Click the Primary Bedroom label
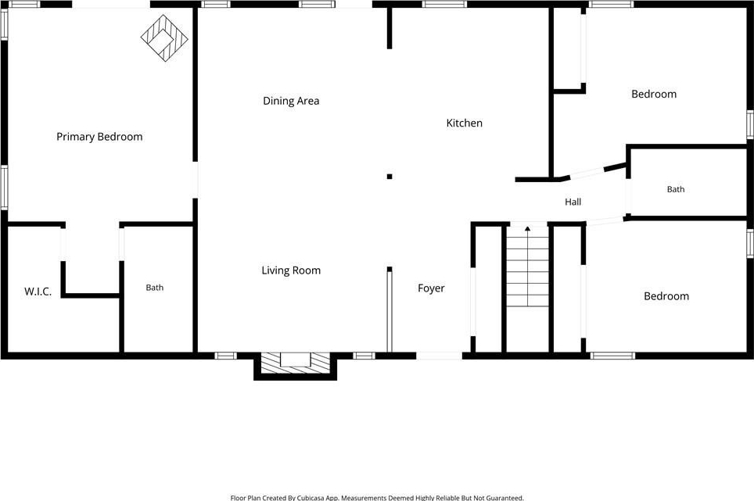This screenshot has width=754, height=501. pos(99,137)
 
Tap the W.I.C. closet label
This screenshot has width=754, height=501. pos(38,292)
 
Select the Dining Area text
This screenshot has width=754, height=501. pos(291,101)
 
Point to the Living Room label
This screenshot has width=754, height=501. pos(291,270)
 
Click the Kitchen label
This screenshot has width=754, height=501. pos(464,123)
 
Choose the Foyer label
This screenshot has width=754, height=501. pos(431,288)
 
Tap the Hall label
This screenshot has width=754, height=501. pos(573,202)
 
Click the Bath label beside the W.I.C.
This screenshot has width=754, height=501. pos(154,288)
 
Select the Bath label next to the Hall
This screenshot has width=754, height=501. pos(676,189)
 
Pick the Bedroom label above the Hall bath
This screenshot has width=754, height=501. pos(654,94)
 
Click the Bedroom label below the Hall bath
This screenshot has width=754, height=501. pos(666,296)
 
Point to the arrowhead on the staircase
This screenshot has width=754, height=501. pos(527,229)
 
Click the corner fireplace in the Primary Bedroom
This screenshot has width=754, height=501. pos(164,38)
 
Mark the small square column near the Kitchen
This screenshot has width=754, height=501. pos(390,177)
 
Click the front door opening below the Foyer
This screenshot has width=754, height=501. pos(439,356)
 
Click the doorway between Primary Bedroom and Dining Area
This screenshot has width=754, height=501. pos(195,180)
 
